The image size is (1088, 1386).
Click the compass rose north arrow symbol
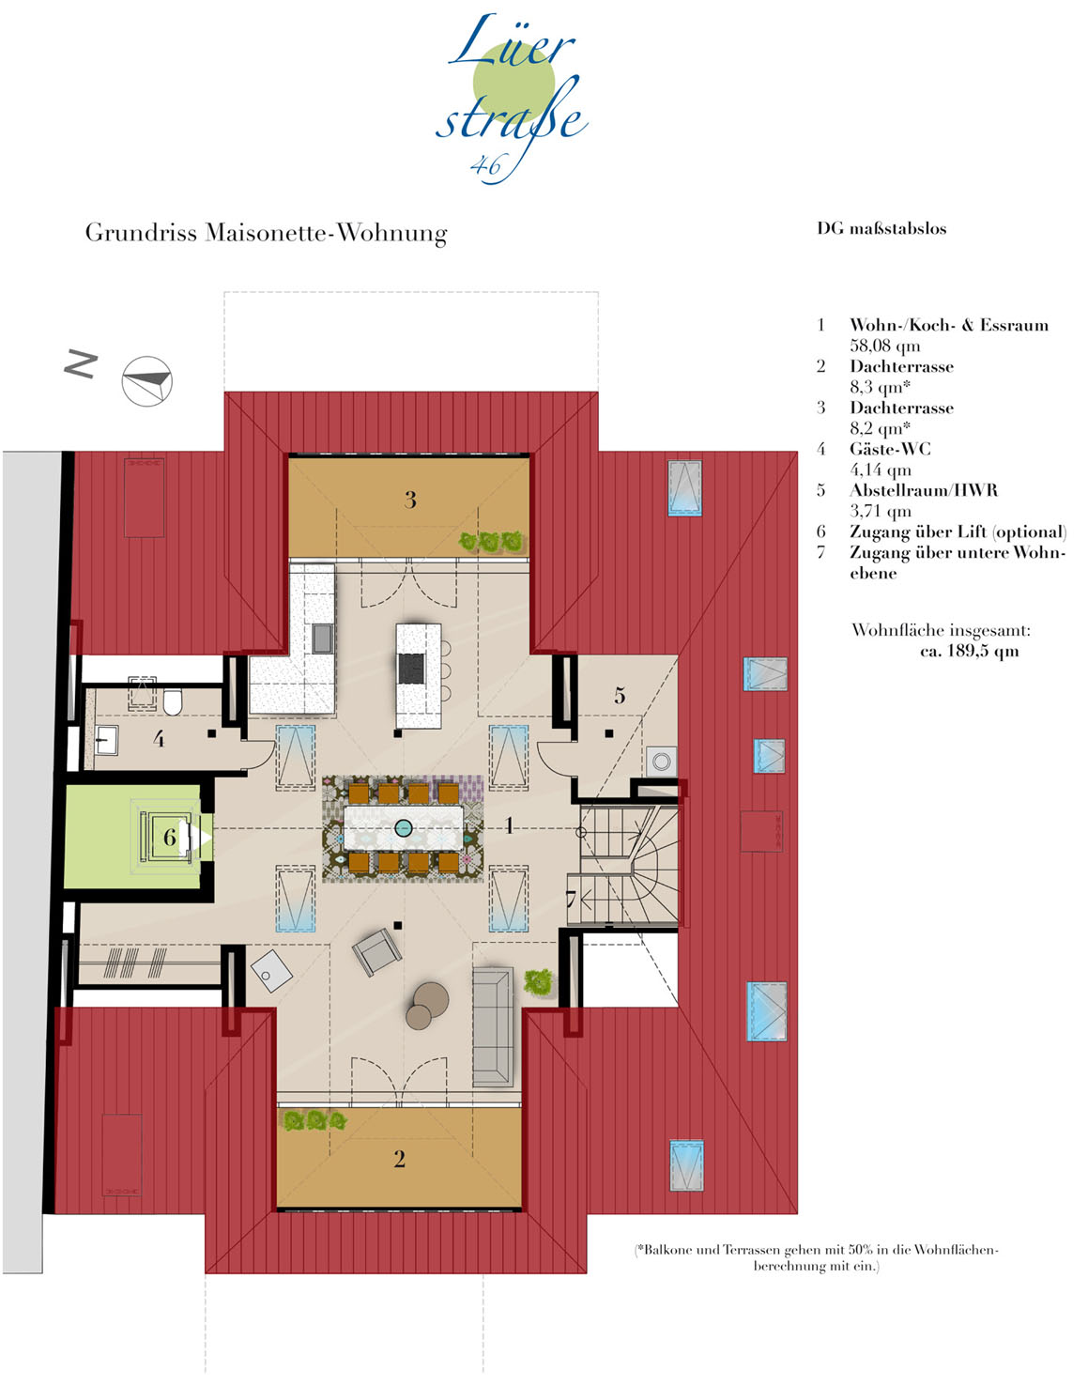tap(147, 381)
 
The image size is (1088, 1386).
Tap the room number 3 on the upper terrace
tap(410, 500)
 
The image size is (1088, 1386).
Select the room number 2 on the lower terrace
tap(400, 1159)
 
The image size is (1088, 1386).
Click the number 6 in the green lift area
tap(170, 837)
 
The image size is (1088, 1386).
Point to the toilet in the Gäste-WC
tap(173, 701)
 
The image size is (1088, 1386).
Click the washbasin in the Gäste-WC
tap(106, 740)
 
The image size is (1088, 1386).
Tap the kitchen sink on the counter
tap(322, 639)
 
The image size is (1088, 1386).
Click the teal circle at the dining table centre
tap(404, 828)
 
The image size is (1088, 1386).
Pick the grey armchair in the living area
tap(376, 952)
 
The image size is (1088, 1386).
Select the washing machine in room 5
tap(662, 761)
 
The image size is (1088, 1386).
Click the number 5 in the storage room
tap(620, 695)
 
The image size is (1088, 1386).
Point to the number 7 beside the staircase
tap(571, 900)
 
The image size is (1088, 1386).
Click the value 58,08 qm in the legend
tap(885, 346)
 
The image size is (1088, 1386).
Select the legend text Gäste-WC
tap(890, 449)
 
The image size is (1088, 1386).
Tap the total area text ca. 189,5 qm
tap(970, 652)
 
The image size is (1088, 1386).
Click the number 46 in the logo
tap(485, 166)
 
